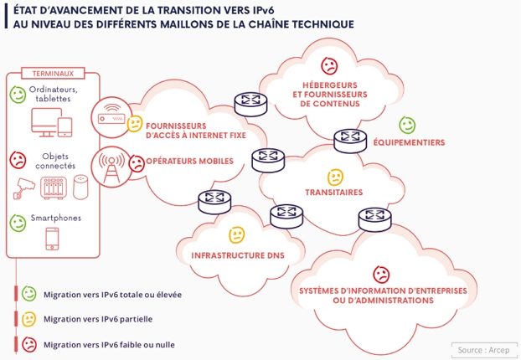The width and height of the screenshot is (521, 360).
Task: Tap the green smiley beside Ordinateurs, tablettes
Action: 18,93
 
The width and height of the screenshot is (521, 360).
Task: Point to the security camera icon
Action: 26,190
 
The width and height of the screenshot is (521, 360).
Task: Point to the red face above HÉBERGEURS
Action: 329,65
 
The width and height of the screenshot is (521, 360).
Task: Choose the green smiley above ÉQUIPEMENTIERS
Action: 407,125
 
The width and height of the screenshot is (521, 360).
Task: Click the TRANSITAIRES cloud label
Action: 334,192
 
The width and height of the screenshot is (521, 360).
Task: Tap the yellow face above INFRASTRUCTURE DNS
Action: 237,234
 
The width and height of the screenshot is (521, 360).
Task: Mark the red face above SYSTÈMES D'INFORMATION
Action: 381,274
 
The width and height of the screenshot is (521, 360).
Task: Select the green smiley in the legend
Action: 29,294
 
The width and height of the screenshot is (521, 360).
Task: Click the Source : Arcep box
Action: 484,347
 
